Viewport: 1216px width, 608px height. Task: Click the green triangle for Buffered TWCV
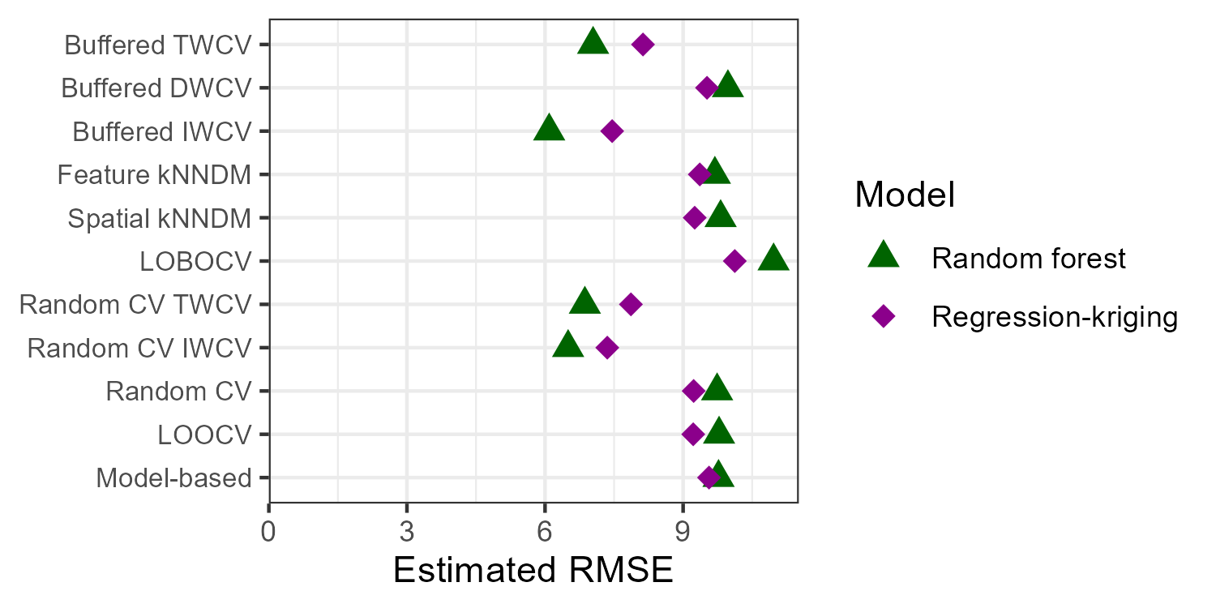pos(593,42)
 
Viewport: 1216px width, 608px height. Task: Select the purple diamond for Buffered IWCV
pos(612,131)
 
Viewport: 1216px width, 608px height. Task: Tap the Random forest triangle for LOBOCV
pos(773,259)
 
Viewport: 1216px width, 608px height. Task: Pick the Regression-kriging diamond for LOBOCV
pos(734,261)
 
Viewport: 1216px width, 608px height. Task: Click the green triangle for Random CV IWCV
pos(567,345)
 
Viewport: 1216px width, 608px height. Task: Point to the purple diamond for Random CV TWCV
pos(631,304)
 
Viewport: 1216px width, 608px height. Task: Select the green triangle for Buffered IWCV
pos(549,129)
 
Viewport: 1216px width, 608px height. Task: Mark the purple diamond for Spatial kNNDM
pos(694,217)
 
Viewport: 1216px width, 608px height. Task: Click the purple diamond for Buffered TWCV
pos(643,45)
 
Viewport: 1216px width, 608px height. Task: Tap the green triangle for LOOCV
pos(718,432)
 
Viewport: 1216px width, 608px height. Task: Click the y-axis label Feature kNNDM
pos(154,174)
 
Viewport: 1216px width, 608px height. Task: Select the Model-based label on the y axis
pos(173,478)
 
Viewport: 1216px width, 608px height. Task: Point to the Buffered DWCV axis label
pos(156,88)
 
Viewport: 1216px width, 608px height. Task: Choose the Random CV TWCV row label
pos(135,305)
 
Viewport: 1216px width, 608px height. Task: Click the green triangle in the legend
pos(883,256)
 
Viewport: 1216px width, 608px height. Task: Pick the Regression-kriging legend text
pos(1054,317)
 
